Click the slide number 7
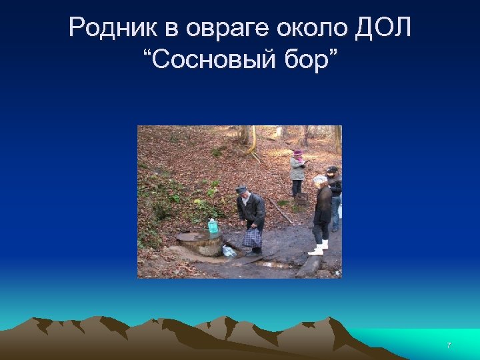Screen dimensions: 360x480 pos(449,345)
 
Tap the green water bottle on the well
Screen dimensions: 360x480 pos(213,226)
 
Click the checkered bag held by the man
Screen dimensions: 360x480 pos(252,237)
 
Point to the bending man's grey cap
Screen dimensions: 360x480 pos(241,189)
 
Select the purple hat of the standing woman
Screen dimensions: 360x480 pos(297,153)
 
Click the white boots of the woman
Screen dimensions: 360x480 pos(318,249)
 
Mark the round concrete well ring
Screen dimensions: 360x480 pos(199,243)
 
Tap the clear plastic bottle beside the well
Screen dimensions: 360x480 pos(229,251)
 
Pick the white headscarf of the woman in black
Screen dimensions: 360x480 pos(320,180)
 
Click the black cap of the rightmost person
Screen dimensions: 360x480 pos(332,170)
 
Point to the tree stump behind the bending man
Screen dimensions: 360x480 pos(302,199)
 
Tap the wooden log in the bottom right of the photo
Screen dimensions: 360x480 pos(310,267)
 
